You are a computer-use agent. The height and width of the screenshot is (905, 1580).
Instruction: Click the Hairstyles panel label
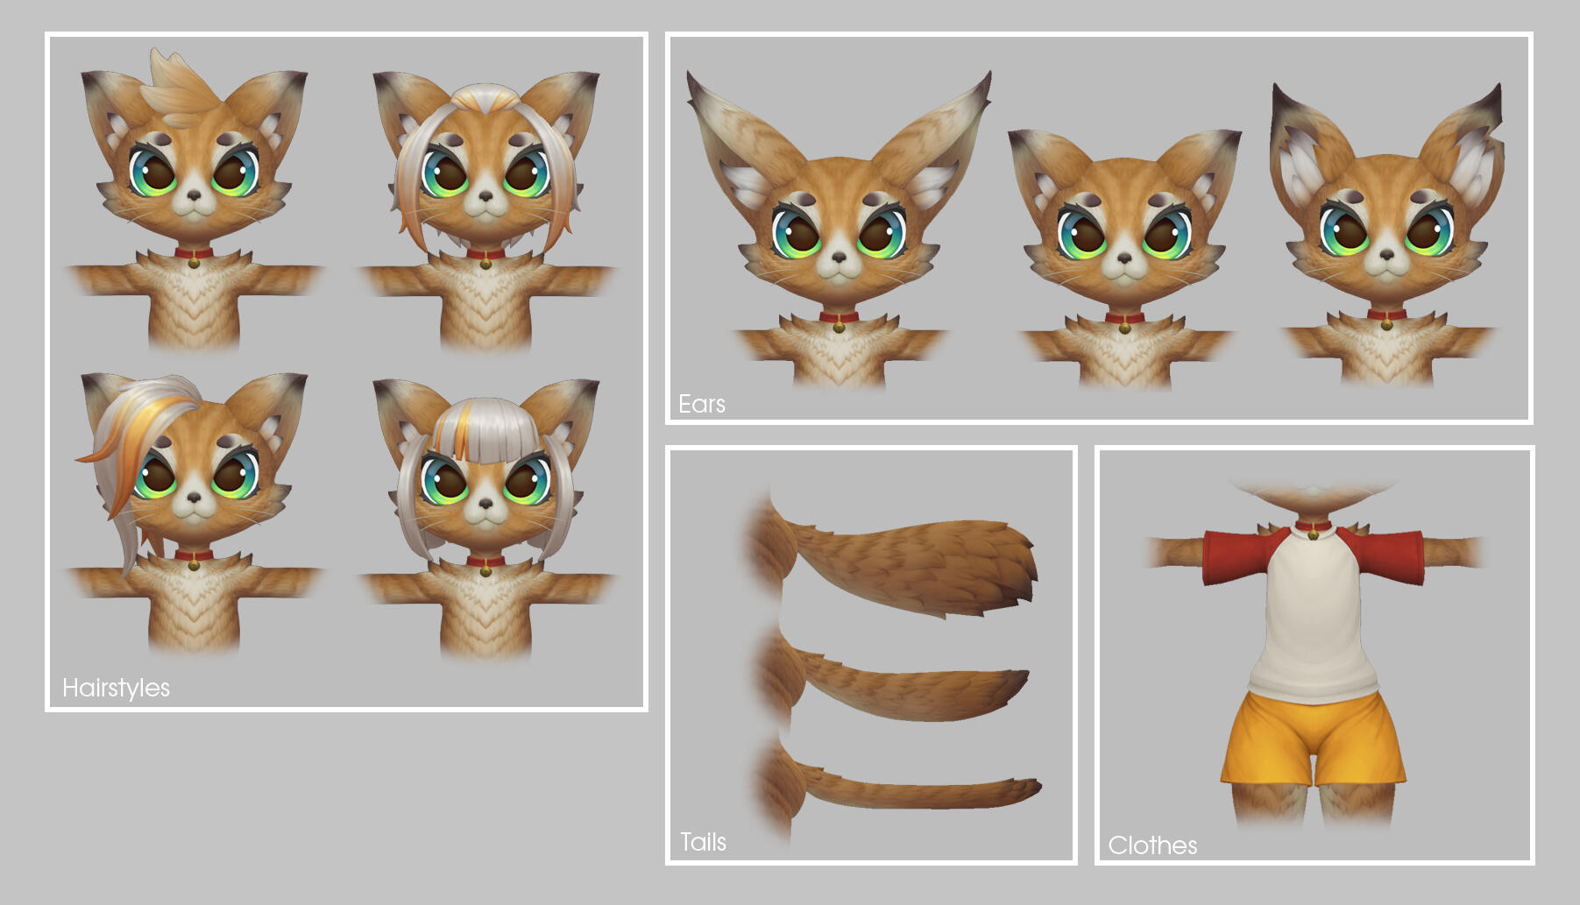pos(116,689)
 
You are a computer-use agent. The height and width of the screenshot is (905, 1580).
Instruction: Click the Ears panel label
pos(702,404)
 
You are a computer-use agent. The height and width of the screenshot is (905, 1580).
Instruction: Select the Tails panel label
pos(704,842)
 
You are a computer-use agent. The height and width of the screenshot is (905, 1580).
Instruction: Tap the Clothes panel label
pos(1152,845)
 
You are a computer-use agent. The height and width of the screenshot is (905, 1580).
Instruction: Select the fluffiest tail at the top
pos(894,561)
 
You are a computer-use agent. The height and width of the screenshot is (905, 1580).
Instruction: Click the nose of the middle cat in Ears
pos(1123,258)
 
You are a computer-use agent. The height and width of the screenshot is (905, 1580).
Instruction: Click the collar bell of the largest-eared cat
pos(840,326)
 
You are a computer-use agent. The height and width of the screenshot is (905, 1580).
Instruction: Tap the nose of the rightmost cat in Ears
pos(1386,255)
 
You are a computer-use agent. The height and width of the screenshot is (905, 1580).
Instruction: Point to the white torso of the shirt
pos(1313,613)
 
